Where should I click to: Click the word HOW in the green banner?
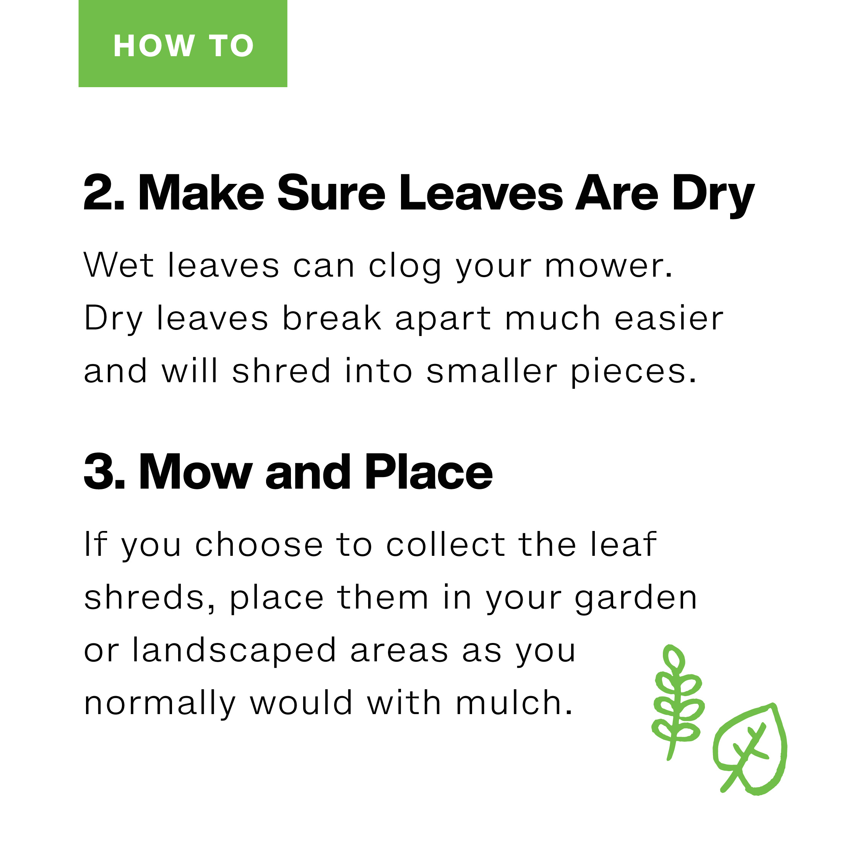click(154, 46)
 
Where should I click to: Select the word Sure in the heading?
click(331, 193)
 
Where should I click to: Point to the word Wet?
click(119, 265)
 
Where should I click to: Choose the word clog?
click(405, 267)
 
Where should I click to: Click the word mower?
click(608, 267)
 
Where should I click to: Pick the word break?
click(332, 318)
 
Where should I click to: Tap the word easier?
click(669, 318)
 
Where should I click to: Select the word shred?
click(281, 370)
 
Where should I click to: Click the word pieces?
click(633, 372)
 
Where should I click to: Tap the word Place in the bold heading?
click(429, 472)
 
